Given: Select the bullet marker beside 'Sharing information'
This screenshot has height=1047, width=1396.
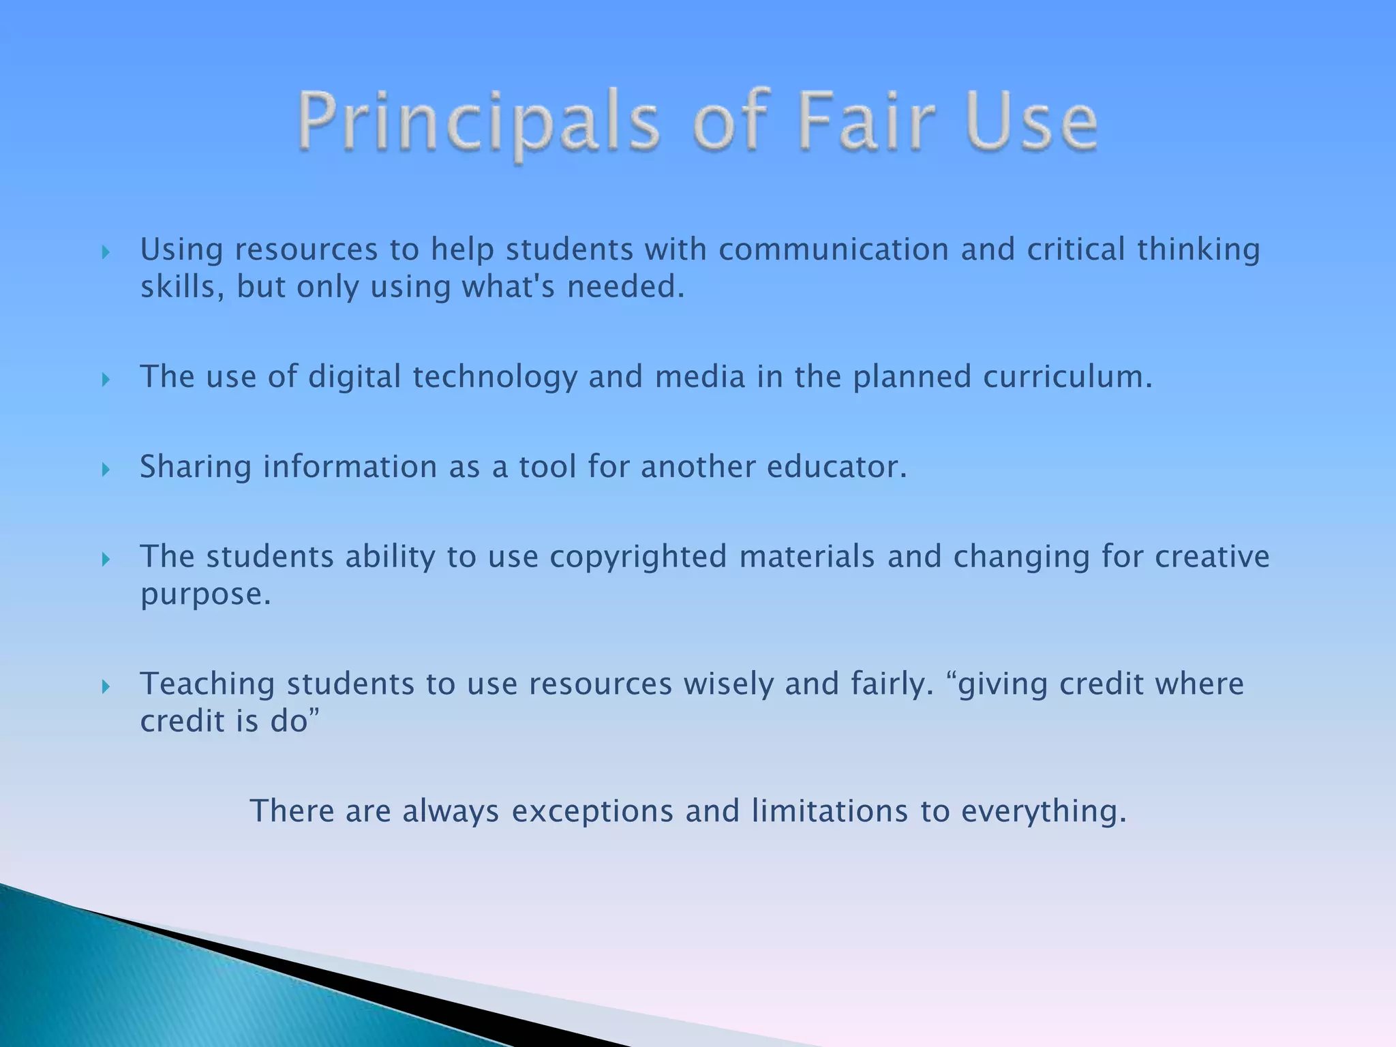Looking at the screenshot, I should tap(106, 470).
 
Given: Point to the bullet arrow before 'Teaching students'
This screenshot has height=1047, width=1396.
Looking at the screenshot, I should tap(106, 686).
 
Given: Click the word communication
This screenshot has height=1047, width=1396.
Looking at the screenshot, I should tap(833, 249).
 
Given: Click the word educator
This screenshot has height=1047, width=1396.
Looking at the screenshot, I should tap(836, 467).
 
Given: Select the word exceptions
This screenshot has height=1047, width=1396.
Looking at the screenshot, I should tap(592, 812).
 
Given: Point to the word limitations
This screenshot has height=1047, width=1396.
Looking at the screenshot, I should tap(830, 811).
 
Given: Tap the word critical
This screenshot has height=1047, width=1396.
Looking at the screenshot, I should tap(1076, 249).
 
